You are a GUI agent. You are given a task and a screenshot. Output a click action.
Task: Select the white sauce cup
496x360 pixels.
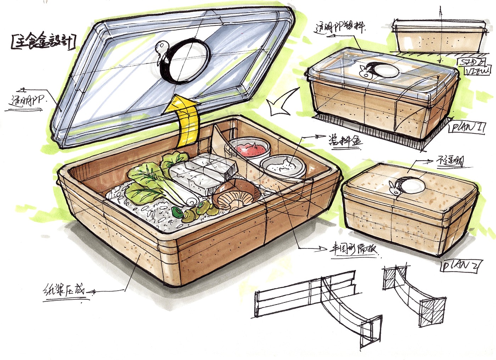click(282, 166)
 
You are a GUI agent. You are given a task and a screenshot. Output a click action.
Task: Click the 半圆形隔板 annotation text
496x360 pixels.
click(353, 250)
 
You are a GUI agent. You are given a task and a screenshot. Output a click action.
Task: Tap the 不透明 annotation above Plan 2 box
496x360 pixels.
click(448, 162)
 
